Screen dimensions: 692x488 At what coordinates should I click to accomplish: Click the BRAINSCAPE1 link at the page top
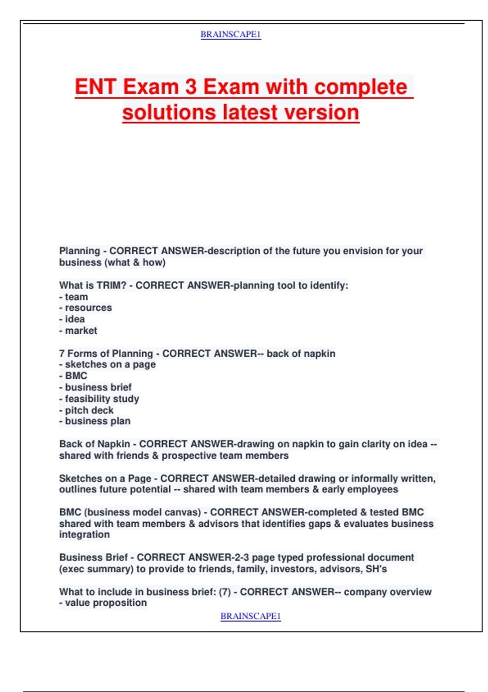(231, 35)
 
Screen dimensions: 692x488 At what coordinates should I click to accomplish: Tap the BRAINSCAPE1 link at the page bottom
(251, 616)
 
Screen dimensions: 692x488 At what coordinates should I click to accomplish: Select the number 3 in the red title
(191, 87)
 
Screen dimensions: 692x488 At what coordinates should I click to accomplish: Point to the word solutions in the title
(169, 112)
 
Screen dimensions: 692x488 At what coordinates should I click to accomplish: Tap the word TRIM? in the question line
(111, 285)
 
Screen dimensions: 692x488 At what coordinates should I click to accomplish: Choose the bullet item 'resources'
(88, 308)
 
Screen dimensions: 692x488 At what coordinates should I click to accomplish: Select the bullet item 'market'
(81, 331)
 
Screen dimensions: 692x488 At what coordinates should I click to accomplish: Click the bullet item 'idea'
(75, 319)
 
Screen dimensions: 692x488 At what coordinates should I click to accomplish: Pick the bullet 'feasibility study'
(102, 399)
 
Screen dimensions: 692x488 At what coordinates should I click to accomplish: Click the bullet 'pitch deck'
(89, 410)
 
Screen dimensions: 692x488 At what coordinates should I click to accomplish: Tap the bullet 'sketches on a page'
(110, 364)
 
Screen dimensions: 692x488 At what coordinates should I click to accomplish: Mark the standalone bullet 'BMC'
(76, 376)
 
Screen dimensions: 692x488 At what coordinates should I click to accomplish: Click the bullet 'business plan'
(98, 421)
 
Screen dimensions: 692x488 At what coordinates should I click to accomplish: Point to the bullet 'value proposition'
(106, 603)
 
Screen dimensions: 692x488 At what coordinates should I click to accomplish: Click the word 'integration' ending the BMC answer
(85, 534)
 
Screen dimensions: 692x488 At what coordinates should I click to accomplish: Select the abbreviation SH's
(376, 569)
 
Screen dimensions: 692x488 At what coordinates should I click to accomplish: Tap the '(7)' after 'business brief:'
(225, 592)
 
